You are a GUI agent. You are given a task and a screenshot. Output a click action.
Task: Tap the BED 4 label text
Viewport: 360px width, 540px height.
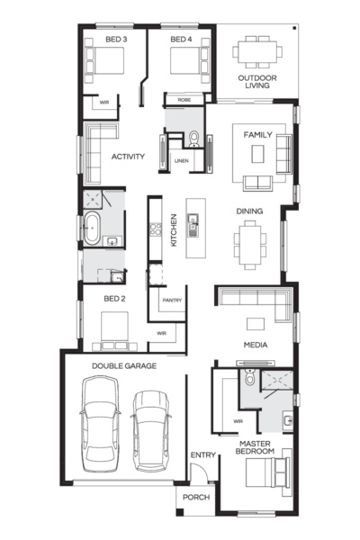point(180,40)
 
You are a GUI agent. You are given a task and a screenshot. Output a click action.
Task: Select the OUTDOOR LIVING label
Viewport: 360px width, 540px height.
point(256,83)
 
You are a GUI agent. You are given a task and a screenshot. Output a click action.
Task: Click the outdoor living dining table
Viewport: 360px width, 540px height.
point(258,51)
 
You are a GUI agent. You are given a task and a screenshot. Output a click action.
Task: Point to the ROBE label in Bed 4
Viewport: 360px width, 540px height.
point(184,100)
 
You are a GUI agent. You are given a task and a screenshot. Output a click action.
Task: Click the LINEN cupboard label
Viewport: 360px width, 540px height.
point(181,161)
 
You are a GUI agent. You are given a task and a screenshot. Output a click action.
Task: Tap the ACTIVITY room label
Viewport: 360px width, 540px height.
point(129,157)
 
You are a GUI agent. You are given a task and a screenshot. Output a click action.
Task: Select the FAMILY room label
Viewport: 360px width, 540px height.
point(258,134)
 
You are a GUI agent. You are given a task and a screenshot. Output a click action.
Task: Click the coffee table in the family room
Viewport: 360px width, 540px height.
point(258,155)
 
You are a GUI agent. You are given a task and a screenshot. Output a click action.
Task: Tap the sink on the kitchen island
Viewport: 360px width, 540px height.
point(193,225)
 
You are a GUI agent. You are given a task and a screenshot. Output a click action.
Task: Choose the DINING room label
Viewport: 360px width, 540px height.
point(249,211)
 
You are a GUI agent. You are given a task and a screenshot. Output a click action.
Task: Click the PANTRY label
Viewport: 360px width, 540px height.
point(172,300)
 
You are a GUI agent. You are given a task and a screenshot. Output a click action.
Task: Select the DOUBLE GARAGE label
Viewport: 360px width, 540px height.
point(124,366)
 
